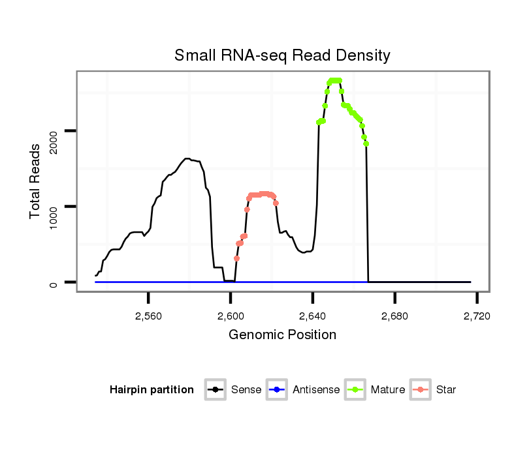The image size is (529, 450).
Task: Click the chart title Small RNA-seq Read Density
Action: coord(282,55)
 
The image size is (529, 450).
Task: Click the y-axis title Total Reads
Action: coord(37,181)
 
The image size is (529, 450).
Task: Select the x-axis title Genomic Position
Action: coord(282,335)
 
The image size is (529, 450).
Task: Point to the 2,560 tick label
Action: coord(148,316)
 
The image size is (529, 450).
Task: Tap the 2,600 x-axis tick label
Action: coord(231,316)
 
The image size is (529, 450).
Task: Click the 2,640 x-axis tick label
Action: coord(313,316)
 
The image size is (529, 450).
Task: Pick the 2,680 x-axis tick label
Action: coord(395,316)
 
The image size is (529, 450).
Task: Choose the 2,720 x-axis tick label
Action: coord(477,316)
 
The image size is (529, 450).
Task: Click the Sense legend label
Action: coord(246,390)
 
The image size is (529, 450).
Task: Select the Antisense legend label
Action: coord(316,390)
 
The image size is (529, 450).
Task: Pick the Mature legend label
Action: coord(387,390)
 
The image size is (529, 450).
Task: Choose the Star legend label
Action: coord(446,390)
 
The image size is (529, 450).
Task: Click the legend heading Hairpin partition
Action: coord(152,390)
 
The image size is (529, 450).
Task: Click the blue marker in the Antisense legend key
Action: coord(278,390)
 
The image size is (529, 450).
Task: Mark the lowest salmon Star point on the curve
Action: coord(236,258)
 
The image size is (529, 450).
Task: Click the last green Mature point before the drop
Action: coord(366,143)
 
